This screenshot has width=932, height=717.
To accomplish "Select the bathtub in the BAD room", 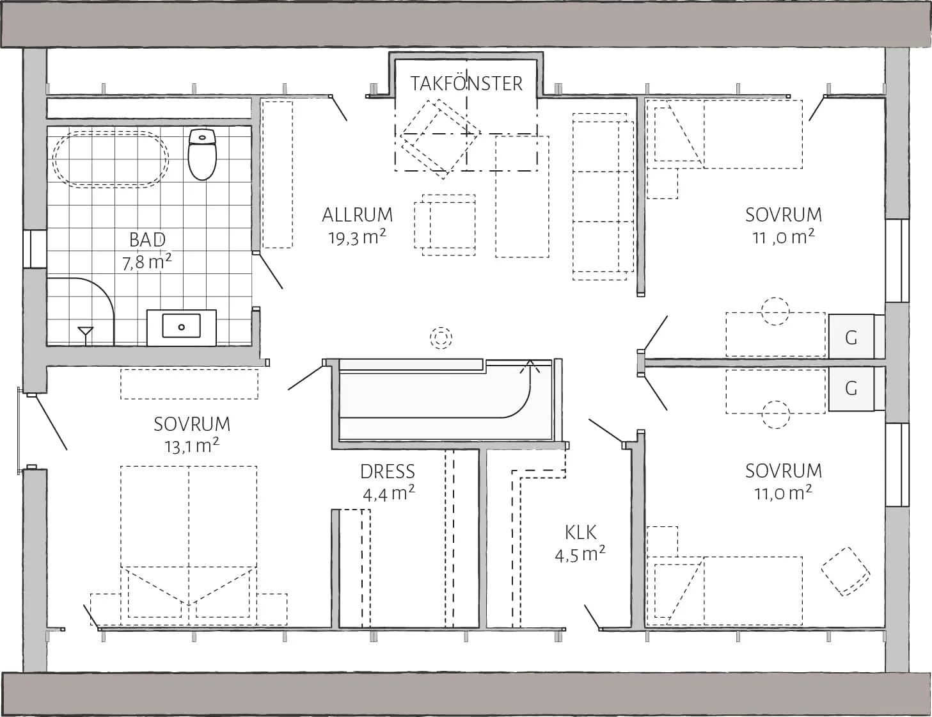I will pos(111,159).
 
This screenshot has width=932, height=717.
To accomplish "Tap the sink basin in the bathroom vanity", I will pos(181,326).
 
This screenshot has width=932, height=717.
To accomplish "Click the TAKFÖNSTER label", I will pos(466,84).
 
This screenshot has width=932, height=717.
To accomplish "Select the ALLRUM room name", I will pos(357,215).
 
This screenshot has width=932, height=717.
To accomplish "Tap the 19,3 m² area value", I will pos(357,238).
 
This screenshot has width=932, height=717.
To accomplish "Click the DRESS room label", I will pos(388,472).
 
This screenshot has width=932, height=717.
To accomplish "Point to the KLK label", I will pos(581,532).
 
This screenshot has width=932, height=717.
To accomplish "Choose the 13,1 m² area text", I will pos(192,446).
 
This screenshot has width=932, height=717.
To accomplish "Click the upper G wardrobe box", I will pos(851,337).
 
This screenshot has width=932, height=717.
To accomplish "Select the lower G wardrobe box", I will pos(851,388).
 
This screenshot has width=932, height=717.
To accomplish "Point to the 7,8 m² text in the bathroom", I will pos(147,262).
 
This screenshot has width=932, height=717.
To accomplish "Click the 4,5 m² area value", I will pos(580,554).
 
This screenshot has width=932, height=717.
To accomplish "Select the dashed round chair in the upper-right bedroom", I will pos(775,311).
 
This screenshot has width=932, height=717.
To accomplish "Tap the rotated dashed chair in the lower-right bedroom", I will pos(846,571).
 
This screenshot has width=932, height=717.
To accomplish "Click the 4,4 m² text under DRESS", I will pos(388,494).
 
